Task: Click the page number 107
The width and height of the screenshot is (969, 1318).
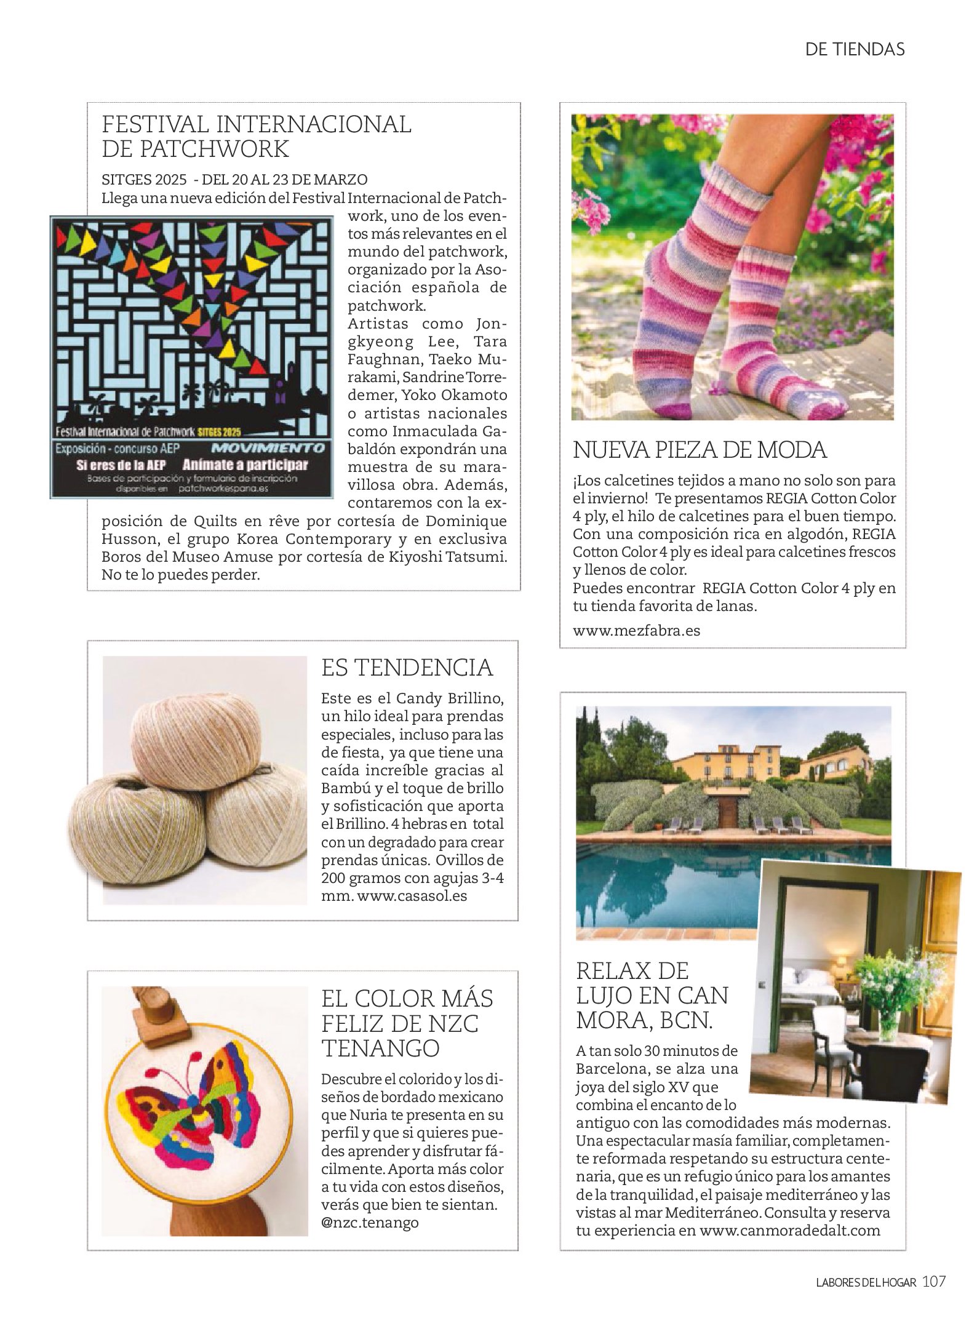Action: [933, 1295]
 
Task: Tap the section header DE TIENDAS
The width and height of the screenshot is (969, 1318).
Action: [855, 49]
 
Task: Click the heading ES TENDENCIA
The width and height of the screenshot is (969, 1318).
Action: [407, 668]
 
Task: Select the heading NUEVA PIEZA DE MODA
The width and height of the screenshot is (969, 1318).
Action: [700, 450]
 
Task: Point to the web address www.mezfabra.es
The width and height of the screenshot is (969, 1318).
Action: [636, 630]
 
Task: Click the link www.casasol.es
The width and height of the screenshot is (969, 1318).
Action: [412, 895]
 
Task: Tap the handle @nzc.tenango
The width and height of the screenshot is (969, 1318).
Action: [369, 1222]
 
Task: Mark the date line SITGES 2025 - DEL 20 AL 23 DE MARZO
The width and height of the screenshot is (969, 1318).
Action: [234, 180]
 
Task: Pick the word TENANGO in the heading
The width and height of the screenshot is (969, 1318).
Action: [380, 1047]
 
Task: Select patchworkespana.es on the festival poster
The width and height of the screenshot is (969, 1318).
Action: [224, 490]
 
